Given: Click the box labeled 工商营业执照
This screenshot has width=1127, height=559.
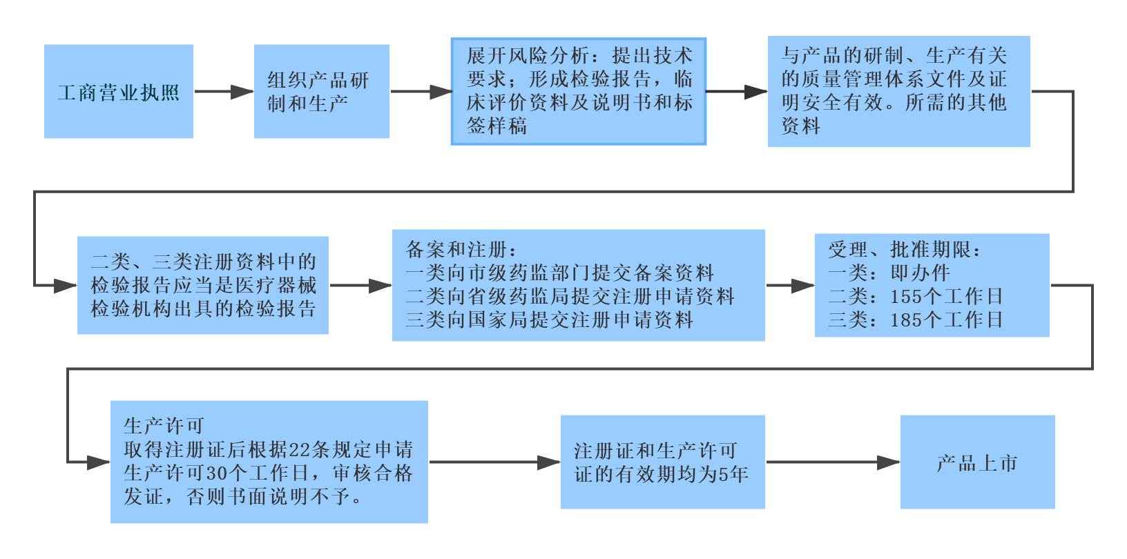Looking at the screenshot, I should [119, 92].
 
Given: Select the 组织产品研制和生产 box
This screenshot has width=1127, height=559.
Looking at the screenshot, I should [322, 92].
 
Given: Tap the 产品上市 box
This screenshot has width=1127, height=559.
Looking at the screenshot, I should [977, 462].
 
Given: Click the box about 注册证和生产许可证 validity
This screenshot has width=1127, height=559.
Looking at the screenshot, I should [662, 462].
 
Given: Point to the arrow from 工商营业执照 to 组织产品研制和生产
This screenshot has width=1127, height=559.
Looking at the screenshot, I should [224, 92].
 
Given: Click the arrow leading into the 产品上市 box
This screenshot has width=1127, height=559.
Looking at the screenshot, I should [833, 462].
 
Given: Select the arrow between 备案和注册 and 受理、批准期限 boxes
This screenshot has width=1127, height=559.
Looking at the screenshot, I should [790, 285].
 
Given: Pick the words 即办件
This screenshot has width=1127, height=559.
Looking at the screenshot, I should [920, 273].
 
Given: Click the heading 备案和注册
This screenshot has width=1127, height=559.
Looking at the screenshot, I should [456, 250].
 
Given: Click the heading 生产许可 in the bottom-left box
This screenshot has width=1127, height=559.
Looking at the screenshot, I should [164, 426].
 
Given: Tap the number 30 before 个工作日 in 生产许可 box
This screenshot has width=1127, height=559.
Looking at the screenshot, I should [216, 473].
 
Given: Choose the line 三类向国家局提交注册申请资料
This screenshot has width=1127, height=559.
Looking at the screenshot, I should [550, 320].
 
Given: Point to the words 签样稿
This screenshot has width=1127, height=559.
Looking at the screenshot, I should [497, 126].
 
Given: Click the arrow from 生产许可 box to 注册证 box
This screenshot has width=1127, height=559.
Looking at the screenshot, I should [494, 462].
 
